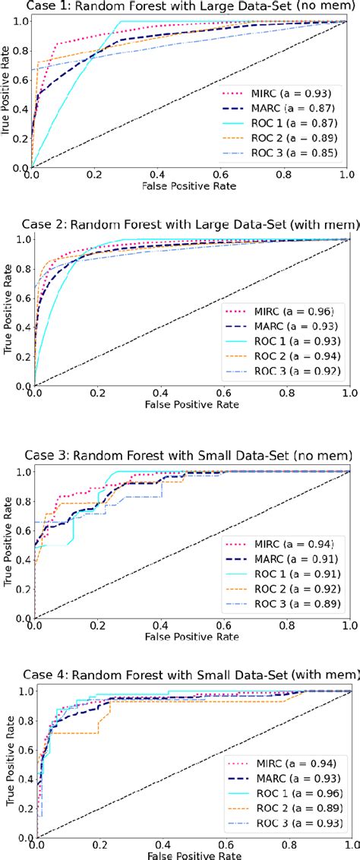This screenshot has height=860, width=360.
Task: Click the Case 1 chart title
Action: pos(180,7)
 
